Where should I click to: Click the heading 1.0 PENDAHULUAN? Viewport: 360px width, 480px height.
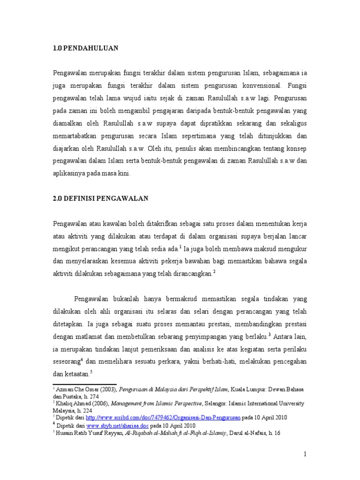(x=85, y=48)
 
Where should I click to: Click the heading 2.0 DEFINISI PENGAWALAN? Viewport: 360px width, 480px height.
(x=101, y=198)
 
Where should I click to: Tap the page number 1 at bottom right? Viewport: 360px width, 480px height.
(x=305, y=454)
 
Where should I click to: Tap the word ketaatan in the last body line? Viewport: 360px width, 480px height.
(x=76, y=374)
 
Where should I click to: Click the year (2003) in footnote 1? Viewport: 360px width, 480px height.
(x=106, y=389)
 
